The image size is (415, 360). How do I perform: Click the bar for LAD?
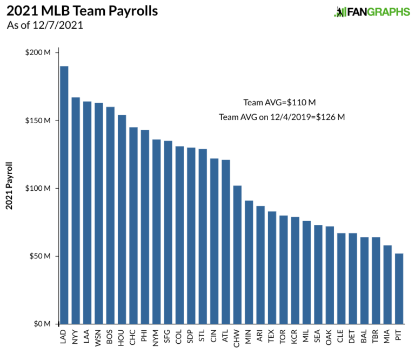coord(64,195)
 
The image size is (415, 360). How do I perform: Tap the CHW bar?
coord(237,255)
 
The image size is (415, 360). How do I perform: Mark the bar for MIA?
coord(387,284)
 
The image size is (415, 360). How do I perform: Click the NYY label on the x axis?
coord(76,338)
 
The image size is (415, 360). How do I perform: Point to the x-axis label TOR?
coord(284,338)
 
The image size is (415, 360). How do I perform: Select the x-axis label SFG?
coord(168,338)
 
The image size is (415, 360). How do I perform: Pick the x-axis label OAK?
coord(330,338)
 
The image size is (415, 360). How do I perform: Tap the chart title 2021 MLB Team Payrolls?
coord(82,11)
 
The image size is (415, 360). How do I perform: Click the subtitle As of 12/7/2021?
coord(45,25)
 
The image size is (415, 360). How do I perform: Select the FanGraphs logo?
coord(372,12)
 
